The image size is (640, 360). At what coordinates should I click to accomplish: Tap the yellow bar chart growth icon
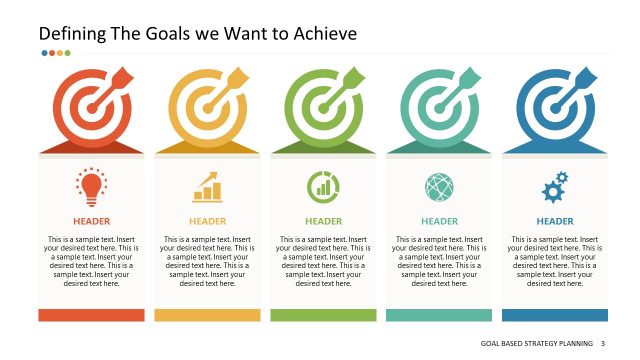click(x=207, y=186)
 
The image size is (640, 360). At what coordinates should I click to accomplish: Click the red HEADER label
click(x=91, y=221)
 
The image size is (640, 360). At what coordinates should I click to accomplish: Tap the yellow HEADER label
click(x=207, y=221)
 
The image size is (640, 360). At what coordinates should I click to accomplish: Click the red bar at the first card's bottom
click(x=91, y=315)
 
